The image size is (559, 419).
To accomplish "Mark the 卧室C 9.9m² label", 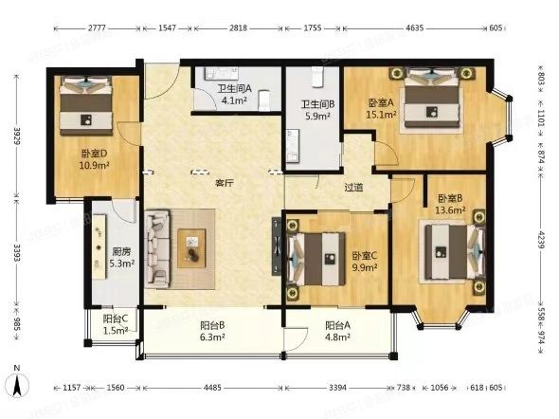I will tap(365, 262).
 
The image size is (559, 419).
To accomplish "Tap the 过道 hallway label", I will tap(354, 188).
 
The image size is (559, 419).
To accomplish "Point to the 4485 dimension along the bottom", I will tap(212, 387).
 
